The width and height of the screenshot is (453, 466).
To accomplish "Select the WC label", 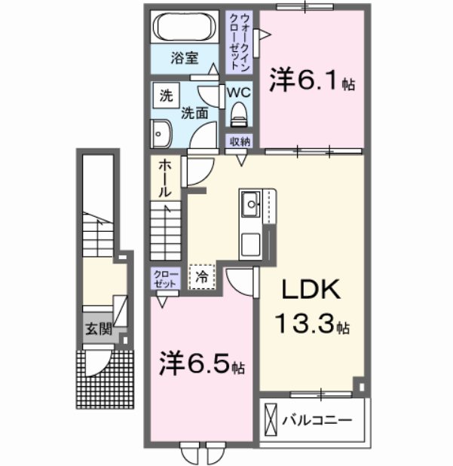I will [x=240, y=91].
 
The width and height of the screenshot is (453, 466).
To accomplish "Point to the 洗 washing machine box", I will [x=164, y=96].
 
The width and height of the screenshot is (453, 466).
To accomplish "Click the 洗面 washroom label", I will [x=194, y=114].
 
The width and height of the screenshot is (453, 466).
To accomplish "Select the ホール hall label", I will [x=164, y=178].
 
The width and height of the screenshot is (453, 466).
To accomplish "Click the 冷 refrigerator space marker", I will [x=202, y=276].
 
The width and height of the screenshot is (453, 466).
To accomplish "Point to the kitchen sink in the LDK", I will [x=250, y=202].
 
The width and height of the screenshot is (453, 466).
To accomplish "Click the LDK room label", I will [x=312, y=290].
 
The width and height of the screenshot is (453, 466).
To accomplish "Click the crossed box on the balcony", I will [x=271, y=419].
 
